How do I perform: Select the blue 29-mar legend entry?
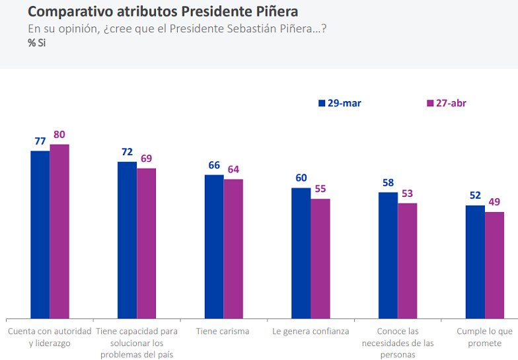click(x=340, y=103)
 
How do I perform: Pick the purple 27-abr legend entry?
click(x=447, y=103)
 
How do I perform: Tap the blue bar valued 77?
click(x=40, y=234)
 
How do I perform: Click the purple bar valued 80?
click(x=59, y=231)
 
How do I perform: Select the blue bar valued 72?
click(x=128, y=240)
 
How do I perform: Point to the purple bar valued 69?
click(x=147, y=243)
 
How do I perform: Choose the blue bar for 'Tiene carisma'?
click(x=214, y=246)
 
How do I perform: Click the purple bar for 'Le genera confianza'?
click(x=320, y=258)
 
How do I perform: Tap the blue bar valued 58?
click(x=388, y=255)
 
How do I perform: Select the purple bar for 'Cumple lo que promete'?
click(x=495, y=265)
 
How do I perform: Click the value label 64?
click(x=233, y=170)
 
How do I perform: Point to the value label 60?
click(x=301, y=178)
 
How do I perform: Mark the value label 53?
click(x=408, y=193)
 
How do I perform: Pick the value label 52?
click(x=475, y=196)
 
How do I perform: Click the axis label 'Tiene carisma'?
click(x=223, y=332)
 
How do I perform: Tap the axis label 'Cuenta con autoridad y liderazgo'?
click(x=50, y=338)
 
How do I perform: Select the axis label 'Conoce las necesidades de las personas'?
click(x=397, y=343)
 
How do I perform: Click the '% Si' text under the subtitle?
click(x=36, y=43)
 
